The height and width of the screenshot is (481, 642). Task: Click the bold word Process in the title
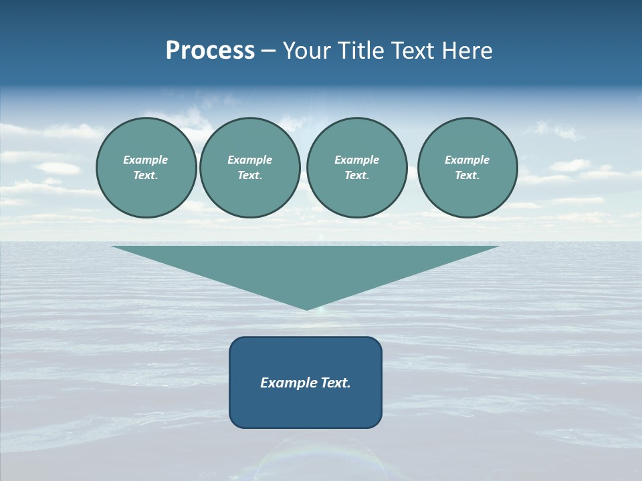click(210, 51)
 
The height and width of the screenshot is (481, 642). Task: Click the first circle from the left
click(146, 168)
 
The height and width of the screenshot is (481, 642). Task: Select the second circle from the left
click(250, 168)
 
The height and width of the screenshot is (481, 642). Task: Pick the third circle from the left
click(357, 168)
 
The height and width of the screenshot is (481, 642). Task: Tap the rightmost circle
click(467, 168)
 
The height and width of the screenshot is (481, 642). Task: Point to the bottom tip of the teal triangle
click(307, 308)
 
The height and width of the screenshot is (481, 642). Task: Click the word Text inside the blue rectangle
click(336, 383)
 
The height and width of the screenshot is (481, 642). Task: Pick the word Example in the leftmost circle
click(146, 160)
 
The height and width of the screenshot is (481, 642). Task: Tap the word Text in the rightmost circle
click(467, 175)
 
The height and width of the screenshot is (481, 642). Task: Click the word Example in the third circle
click(356, 160)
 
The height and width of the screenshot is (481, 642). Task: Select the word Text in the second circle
click(249, 175)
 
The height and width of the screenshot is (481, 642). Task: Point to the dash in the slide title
click(269, 51)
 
